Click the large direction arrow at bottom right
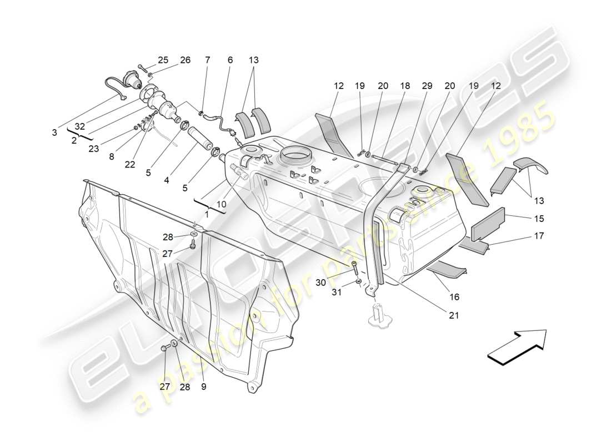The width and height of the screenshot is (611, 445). point(517,348)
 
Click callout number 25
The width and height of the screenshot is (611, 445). point(163,60)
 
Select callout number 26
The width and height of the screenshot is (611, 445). point(185,60)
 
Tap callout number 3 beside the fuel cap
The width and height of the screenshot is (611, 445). point(54,132)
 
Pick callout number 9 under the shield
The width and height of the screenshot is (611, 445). point(204,387)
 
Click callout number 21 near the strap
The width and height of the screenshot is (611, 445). point(454,315)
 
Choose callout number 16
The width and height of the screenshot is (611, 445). point(454,297)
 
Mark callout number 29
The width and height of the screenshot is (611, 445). point(427,86)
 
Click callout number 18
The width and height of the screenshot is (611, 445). point(405,86)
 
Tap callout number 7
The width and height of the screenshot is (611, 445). point(208,60)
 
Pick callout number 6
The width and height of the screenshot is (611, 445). point(230,60)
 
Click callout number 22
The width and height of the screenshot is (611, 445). point(130,165)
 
